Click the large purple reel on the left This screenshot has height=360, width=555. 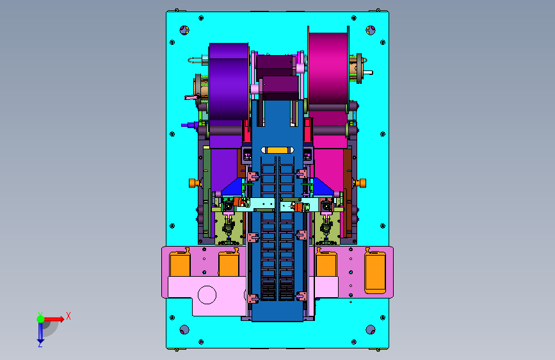(229, 81)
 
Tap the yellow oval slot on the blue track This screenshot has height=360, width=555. (277, 150)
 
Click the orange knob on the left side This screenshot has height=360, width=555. (193, 183)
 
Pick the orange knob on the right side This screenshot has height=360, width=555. (362, 183)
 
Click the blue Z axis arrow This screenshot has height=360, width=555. (40, 332)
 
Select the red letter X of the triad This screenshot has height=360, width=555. (68, 316)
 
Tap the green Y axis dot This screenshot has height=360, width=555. (41, 319)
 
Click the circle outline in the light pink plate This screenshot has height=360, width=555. (207, 295)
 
